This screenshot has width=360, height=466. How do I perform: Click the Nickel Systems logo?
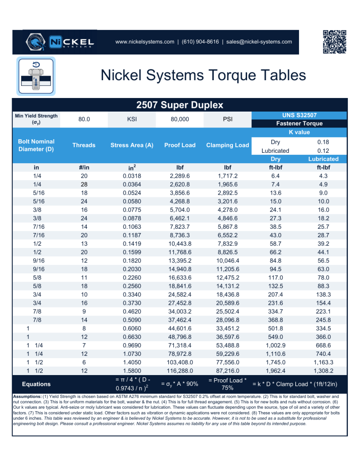[60, 42]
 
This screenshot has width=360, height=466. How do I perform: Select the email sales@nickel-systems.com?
[259, 42]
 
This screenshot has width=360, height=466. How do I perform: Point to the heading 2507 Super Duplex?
[180, 105]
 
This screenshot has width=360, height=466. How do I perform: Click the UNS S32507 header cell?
[299, 115]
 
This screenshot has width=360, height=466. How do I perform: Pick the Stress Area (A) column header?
[132, 145]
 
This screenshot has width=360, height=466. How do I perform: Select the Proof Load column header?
[180, 145]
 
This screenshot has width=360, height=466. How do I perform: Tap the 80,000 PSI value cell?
[180, 119]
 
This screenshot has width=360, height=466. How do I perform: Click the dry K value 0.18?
[324, 142]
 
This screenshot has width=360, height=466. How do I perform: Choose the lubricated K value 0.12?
[324, 150]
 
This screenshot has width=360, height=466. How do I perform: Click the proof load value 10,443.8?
[180, 244]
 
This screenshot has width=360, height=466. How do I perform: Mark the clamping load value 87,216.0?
[228, 370]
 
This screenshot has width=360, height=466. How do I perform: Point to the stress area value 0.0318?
[132, 176]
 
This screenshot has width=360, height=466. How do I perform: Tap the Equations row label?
[36, 384]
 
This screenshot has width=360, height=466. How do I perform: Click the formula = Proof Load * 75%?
[228, 384]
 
